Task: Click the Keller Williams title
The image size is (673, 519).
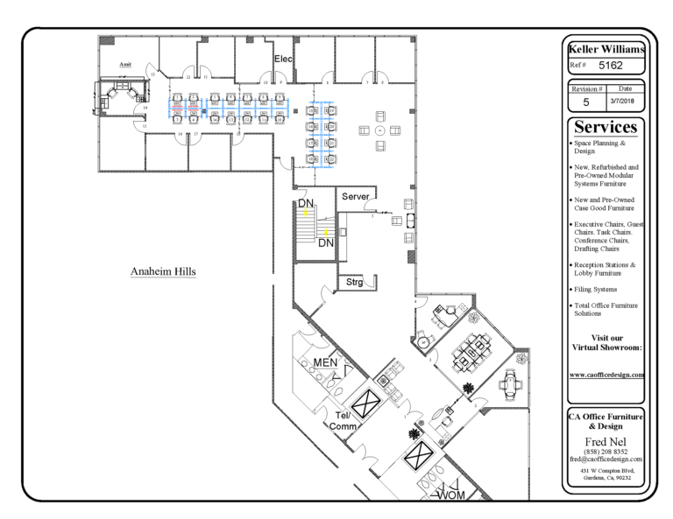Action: click(x=606, y=49)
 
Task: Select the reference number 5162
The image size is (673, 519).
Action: click(x=616, y=65)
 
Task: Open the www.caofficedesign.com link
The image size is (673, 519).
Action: click(x=607, y=374)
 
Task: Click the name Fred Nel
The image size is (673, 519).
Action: click(x=606, y=440)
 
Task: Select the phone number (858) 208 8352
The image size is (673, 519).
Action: click(x=606, y=451)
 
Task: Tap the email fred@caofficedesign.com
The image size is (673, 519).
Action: click(x=606, y=459)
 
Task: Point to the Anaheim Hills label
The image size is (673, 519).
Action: click(x=163, y=271)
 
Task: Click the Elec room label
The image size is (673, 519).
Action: click(x=284, y=60)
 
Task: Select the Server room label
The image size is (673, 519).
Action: click(x=356, y=196)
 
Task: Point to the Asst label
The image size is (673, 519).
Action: click(x=125, y=64)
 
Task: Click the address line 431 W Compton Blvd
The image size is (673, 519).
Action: click(x=606, y=471)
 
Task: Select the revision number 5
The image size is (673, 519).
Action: click(x=585, y=102)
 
